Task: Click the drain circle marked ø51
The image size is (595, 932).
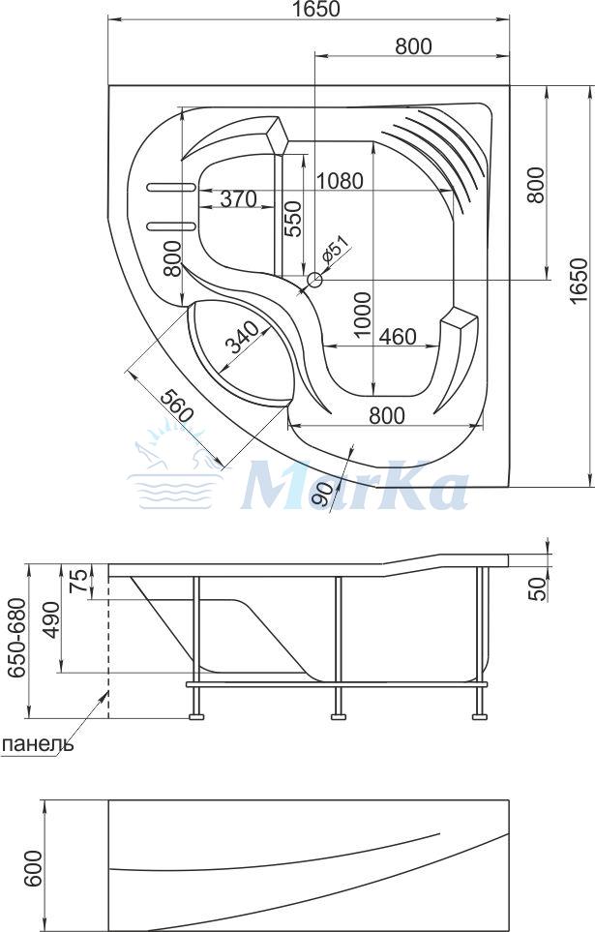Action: [x=313, y=279]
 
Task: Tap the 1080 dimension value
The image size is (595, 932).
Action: [x=339, y=181]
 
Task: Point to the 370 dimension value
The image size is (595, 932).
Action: [x=238, y=198]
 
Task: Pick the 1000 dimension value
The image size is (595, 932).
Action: [x=362, y=315]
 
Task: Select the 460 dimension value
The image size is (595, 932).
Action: [x=398, y=337]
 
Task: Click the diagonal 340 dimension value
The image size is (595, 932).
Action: [x=240, y=337]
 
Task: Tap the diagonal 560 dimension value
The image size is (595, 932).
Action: [x=178, y=406]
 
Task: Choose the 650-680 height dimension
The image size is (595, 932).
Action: [x=16, y=637]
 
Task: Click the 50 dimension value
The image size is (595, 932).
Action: [x=537, y=589]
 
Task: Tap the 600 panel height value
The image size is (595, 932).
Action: [x=34, y=868]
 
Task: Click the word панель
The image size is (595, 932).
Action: [x=38, y=743]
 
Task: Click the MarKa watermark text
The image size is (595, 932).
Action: [x=355, y=486]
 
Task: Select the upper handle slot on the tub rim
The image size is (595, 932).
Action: [x=170, y=187]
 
